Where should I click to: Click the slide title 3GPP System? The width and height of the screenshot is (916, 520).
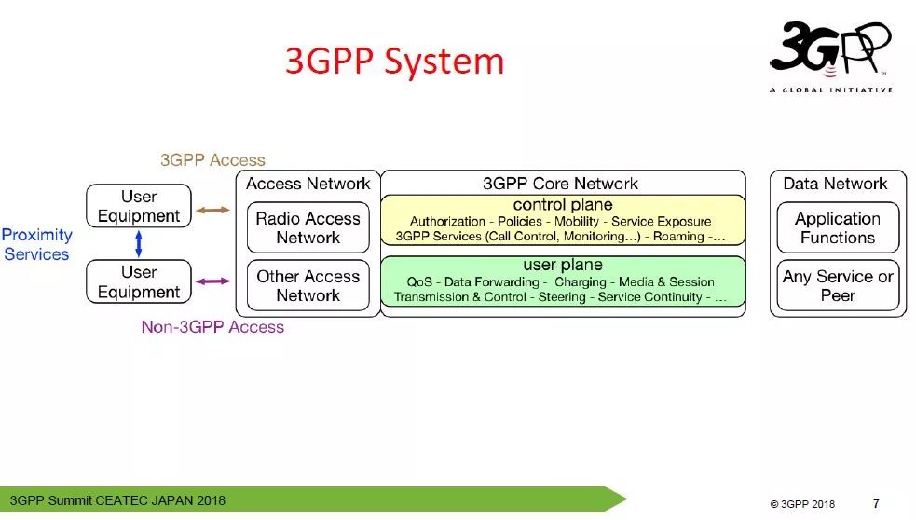pos(394,62)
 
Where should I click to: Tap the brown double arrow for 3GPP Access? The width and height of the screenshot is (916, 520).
pos(212,211)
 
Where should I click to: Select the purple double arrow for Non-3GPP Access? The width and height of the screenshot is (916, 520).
pos(212,281)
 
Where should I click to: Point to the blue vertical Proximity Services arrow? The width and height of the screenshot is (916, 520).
pos(139,244)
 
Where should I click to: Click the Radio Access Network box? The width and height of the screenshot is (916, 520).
pos(308,228)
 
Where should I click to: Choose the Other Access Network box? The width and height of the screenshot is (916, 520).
pos(308,286)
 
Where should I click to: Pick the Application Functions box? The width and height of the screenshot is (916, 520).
pos(837,228)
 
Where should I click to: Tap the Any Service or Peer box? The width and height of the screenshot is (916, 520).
pos(837,286)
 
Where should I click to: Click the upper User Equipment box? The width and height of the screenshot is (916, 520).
pos(139,206)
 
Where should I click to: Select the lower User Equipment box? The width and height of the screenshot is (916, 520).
pos(139,281)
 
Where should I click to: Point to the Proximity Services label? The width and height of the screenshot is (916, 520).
pos(36,244)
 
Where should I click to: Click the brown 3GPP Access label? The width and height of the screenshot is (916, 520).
pos(212,160)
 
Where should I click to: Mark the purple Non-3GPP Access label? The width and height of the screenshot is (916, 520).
pos(212,327)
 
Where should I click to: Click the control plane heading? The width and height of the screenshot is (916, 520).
pos(563,205)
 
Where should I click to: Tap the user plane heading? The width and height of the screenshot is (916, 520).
pos(563,266)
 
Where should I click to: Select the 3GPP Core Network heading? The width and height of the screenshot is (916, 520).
pos(561,184)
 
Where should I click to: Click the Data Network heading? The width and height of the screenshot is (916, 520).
pos(835,184)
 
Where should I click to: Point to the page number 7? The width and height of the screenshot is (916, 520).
pos(876,503)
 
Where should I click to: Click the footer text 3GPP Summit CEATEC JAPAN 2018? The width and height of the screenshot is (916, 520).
pos(117,500)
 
